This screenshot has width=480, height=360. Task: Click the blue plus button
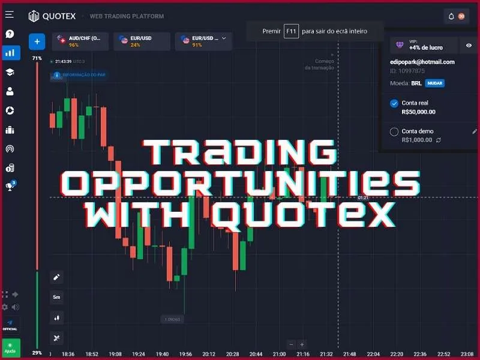37,41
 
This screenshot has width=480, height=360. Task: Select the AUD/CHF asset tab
80,41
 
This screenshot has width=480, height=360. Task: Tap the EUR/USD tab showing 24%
141,41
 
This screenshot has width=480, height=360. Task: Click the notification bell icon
451,16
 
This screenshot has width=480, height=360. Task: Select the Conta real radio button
394,103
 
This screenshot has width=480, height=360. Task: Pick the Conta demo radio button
394,131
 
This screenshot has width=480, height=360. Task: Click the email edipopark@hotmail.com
422,62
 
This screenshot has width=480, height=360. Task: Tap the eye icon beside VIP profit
469,45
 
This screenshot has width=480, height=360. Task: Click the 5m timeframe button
57,297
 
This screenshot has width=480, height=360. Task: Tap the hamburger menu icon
10,14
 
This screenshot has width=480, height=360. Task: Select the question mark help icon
10,34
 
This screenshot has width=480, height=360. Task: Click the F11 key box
291,31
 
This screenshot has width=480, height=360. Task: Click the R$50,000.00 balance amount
418,112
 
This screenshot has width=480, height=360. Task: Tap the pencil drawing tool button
57,277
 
